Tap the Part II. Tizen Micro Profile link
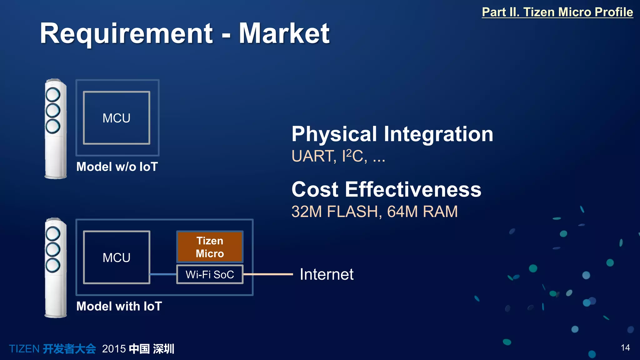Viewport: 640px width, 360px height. [557, 12]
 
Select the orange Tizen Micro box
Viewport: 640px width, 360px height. [210, 247]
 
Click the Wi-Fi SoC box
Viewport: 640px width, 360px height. [210, 274]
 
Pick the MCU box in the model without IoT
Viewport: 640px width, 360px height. [117, 118]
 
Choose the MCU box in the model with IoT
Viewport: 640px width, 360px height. [117, 257]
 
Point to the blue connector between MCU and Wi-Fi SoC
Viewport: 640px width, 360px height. [163, 274]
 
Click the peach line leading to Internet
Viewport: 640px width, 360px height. [268, 274]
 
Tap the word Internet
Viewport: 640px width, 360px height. [327, 274]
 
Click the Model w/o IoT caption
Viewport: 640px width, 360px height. [117, 167]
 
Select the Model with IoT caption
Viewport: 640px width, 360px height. [119, 306]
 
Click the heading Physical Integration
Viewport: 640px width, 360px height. [392, 134]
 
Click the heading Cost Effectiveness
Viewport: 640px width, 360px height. [386, 189]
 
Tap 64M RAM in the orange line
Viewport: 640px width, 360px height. [422, 212]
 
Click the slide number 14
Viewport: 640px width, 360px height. [625, 348]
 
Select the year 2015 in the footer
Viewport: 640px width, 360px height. [114, 349]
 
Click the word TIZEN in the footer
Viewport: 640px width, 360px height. [24, 349]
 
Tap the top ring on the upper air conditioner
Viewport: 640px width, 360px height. [53, 94]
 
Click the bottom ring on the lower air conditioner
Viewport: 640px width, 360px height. [53, 265]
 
